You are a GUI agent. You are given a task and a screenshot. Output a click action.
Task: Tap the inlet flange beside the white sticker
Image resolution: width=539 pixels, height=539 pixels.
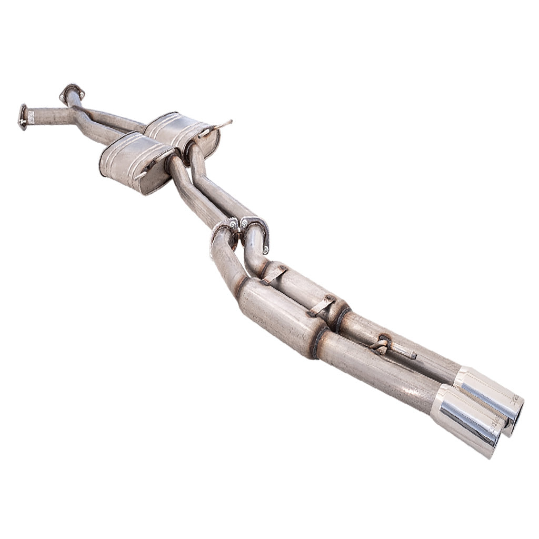[22, 116]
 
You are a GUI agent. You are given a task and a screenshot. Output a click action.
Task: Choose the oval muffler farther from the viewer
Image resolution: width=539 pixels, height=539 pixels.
[182, 132]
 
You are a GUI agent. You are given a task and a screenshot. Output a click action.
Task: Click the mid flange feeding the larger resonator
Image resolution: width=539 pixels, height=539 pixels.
[223, 232]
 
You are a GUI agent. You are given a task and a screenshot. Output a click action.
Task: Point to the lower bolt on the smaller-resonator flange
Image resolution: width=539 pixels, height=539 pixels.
[266, 248]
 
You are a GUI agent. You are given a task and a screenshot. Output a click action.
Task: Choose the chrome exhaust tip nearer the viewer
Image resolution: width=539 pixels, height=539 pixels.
[466, 418]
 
